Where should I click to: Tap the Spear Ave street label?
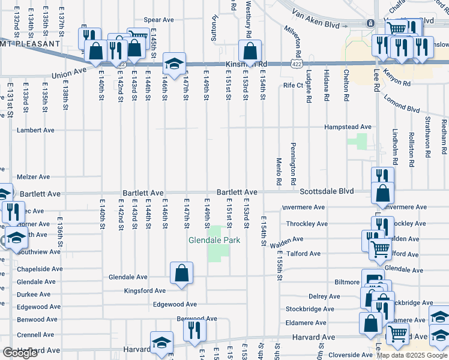tap(158, 20)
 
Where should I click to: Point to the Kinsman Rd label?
tap(245, 64)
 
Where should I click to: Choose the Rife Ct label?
tap(294, 86)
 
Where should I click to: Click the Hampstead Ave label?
tap(348, 127)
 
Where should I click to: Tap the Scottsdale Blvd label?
tap(327, 191)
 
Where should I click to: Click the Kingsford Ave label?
tap(143, 291)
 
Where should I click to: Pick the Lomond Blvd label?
tap(402, 101)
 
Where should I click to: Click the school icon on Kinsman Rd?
tap(173, 64)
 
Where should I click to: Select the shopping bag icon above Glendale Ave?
tap(181, 273)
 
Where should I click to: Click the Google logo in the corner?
tap(19, 353)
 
